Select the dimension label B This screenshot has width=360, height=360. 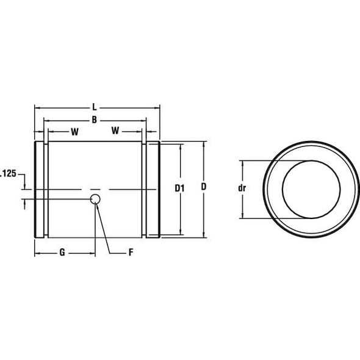(95, 120)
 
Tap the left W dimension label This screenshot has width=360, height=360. (74, 131)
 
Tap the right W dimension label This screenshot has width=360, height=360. (115, 131)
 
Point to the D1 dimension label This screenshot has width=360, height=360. (179, 189)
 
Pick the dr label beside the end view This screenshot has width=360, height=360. (242, 189)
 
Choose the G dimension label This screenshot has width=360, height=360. (62, 253)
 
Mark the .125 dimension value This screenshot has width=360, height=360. (7, 174)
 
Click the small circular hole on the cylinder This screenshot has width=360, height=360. (96, 199)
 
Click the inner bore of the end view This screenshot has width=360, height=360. (311, 189)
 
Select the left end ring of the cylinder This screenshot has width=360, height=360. (40, 190)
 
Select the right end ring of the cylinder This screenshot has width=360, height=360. (153, 190)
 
